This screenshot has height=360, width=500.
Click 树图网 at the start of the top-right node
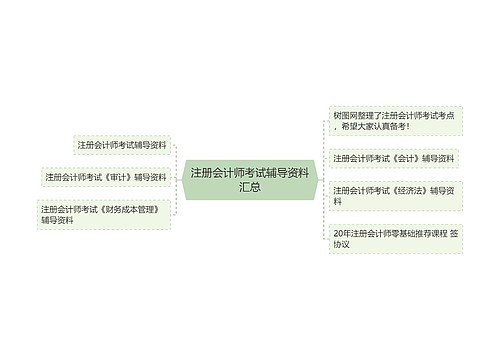(343, 116)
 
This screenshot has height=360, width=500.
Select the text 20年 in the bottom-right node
(340, 233)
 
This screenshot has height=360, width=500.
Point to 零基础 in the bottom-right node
(393, 233)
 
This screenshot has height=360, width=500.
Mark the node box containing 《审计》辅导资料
(105, 178)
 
